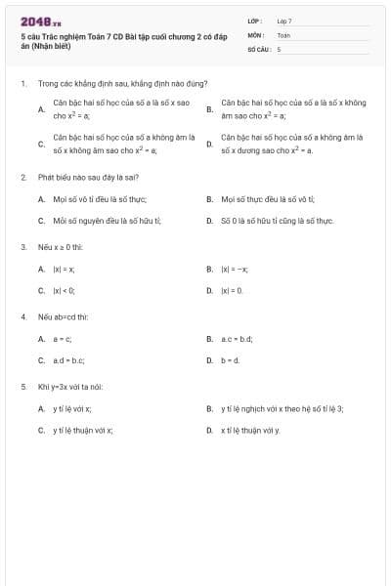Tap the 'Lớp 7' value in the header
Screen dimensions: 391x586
tap(284, 21)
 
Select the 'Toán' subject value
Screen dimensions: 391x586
tap(283, 34)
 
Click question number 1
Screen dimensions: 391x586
tap(22, 84)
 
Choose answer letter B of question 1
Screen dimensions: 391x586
tap(209, 108)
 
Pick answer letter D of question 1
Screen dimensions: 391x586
tap(209, 145)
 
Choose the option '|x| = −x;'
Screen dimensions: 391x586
tap(235, 269)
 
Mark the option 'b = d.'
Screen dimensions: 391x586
tap(231, 360)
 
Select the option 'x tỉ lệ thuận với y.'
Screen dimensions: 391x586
tap(250, 431)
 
